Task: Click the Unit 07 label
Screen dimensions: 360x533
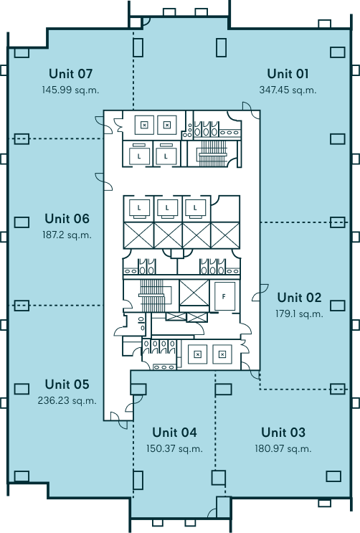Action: tap(70, 74)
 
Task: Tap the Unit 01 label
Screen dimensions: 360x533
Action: tap(288, 74)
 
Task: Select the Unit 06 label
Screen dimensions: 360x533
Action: tap(67, 219)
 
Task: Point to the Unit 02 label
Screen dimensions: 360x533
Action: tap(299, 298)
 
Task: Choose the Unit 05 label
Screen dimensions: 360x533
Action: tap(67, 384)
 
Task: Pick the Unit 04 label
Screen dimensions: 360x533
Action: tap(174, 432)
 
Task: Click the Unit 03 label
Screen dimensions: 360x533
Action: tap(283, 432)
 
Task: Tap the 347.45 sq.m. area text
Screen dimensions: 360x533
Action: tap(288, 90)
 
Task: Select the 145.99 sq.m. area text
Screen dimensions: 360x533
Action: tap(70, 90)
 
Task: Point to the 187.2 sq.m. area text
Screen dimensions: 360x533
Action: tap(67, 235)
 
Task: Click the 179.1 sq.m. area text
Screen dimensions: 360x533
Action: tap(299, 313)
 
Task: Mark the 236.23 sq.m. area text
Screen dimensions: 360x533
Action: tap(67, 400)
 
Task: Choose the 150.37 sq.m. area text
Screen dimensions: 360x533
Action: tap(174, 448)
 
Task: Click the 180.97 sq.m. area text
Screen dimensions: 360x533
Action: tap(283, 448)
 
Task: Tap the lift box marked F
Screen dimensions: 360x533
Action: tap(224, 296)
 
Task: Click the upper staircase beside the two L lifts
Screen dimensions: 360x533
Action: tap(213, 154)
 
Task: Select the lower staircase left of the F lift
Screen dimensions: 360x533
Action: tap(152, 296)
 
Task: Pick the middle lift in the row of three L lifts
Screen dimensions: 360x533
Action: tap(167, 208)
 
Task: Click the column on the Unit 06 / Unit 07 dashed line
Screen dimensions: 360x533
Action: tap(22, 138)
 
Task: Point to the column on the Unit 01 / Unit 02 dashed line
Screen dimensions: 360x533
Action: tap(338, 222)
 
